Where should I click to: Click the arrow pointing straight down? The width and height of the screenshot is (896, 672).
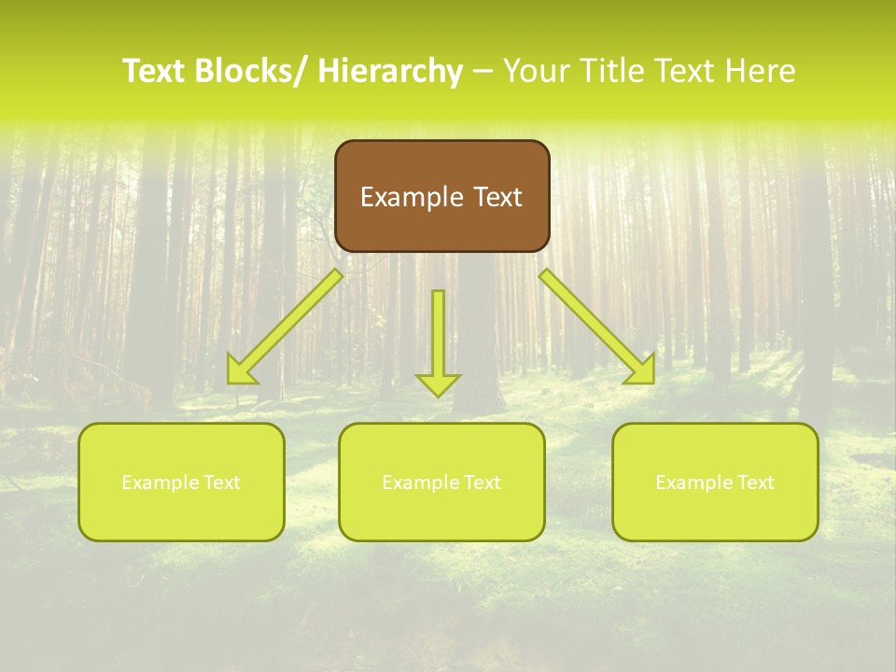pyautogui.click(x=438, y=341)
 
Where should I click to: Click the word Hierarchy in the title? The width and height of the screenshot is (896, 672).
pyautogui.click(x=390, y=71)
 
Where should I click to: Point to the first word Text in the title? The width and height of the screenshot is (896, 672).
pyautogui.click(x=156, y=71)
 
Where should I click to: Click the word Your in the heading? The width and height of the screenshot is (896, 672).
pyautogui.click(x=538, y=71)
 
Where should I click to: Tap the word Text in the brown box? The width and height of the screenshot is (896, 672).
pyautogui.click(x=496, y=197)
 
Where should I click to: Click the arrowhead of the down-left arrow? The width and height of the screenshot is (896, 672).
pyautogui.click(x=241, y=371)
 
